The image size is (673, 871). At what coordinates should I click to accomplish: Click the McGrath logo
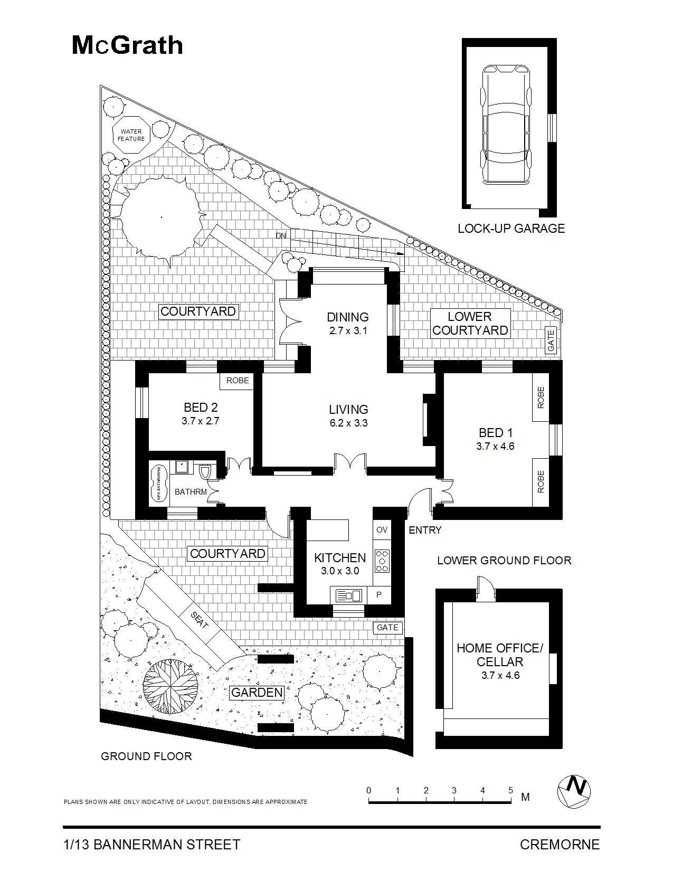[127, 46]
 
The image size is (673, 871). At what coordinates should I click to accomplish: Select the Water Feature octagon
[131, 135]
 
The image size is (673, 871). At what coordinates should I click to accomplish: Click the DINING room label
[347, 317]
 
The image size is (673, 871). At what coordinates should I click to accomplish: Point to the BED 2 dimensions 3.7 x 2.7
[200, 421]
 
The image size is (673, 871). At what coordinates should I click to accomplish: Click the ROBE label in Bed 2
[238, 381]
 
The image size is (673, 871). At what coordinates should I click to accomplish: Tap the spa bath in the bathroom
[158, 483]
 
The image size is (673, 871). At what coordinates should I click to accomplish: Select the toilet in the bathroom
[206, 471]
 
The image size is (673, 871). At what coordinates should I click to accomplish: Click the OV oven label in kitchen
[382, 530]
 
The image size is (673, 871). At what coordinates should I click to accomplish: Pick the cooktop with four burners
[382, 561]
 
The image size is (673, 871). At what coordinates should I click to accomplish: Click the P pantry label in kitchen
[379, 595]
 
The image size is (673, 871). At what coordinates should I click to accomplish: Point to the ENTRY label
[425, 530]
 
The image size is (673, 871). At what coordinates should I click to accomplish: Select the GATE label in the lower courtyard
[551, 340]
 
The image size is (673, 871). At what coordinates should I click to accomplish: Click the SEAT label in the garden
[199, 621]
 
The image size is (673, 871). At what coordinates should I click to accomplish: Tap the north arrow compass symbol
[574, 792]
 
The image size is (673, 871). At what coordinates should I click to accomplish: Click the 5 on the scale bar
[510, 791]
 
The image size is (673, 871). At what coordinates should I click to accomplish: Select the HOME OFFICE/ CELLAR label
[499, 655]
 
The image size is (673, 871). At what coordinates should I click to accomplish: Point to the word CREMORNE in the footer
[560, 845]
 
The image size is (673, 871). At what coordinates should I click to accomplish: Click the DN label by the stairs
[281, 235]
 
